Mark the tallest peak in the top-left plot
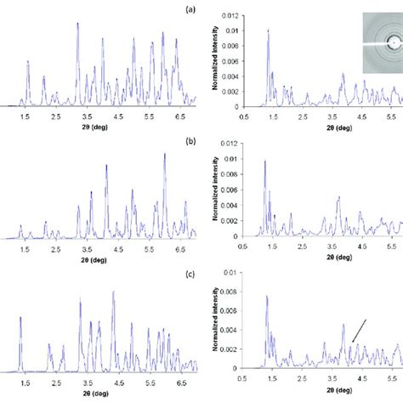(x=77, y=24)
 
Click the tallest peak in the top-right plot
(x=268, y=31)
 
